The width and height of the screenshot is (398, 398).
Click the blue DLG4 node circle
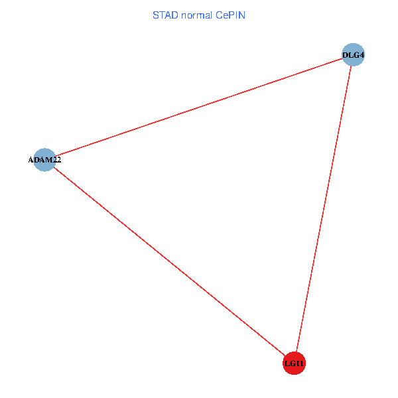pos(354,54)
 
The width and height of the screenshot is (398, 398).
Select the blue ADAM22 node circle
pos(44,159)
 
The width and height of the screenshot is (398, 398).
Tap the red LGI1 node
pos(294,364)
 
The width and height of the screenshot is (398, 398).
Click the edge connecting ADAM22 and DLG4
pos(199,107)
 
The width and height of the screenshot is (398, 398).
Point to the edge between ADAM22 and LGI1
pos(169,261)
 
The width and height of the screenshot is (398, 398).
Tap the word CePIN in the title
pos(231,15)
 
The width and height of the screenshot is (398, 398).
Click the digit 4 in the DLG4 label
pos(362,54)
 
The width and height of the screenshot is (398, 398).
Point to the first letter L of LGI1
pos(287,364)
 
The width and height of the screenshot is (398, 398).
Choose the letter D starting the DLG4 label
pos(345,54)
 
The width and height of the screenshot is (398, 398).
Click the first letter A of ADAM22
pos(31,160)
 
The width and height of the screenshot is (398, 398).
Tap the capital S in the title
pos(156,15)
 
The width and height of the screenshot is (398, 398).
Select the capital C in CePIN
pos(219,15)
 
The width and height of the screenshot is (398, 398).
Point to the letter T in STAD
pos(162,15)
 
